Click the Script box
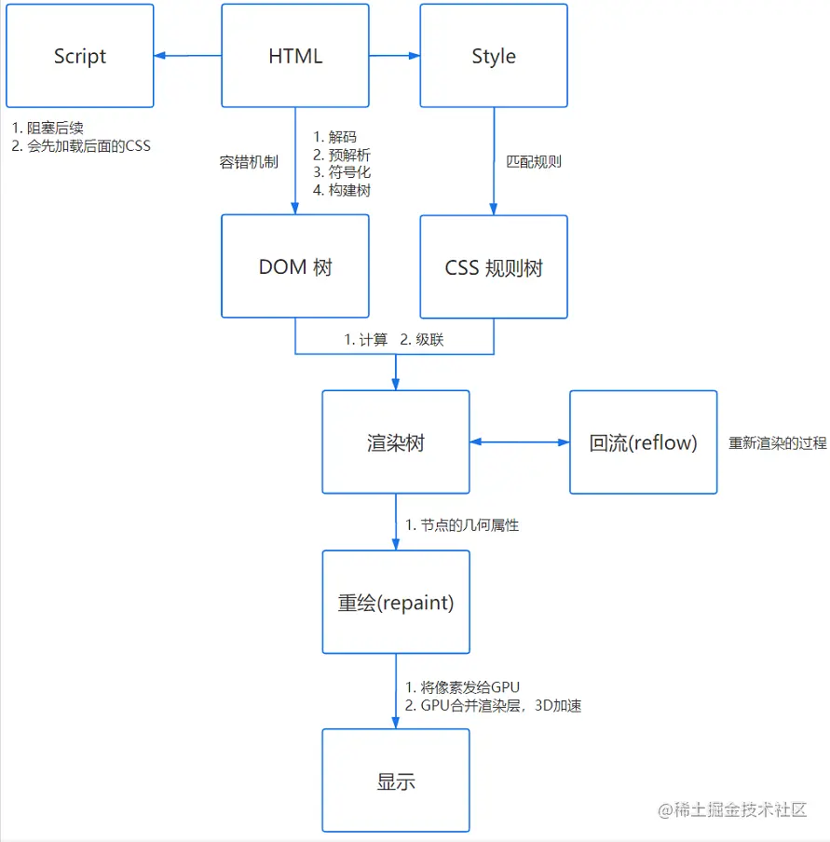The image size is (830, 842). coord(79,56)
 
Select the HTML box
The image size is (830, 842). coord(295,56)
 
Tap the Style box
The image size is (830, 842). coord(494,56)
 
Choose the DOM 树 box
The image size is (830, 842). coord(295,267)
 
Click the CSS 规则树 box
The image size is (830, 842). coord(494,268)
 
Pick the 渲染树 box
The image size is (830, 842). coord(396,442)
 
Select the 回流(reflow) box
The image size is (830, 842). coord(644,442)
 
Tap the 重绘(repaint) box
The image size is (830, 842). coord(396,603)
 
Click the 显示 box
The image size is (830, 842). coord(396,781)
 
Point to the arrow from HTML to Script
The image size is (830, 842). coord(187,56)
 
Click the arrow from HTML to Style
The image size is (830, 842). coord(394,56)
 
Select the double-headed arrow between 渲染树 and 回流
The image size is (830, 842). coord(520,442)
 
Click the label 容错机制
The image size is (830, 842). coord(247,162)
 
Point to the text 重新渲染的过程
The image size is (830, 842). coord(777,443)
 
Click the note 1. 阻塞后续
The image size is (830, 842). coord(48,128)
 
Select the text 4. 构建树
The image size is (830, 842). coord(343,190)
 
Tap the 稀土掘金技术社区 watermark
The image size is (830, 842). coord(732,810)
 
